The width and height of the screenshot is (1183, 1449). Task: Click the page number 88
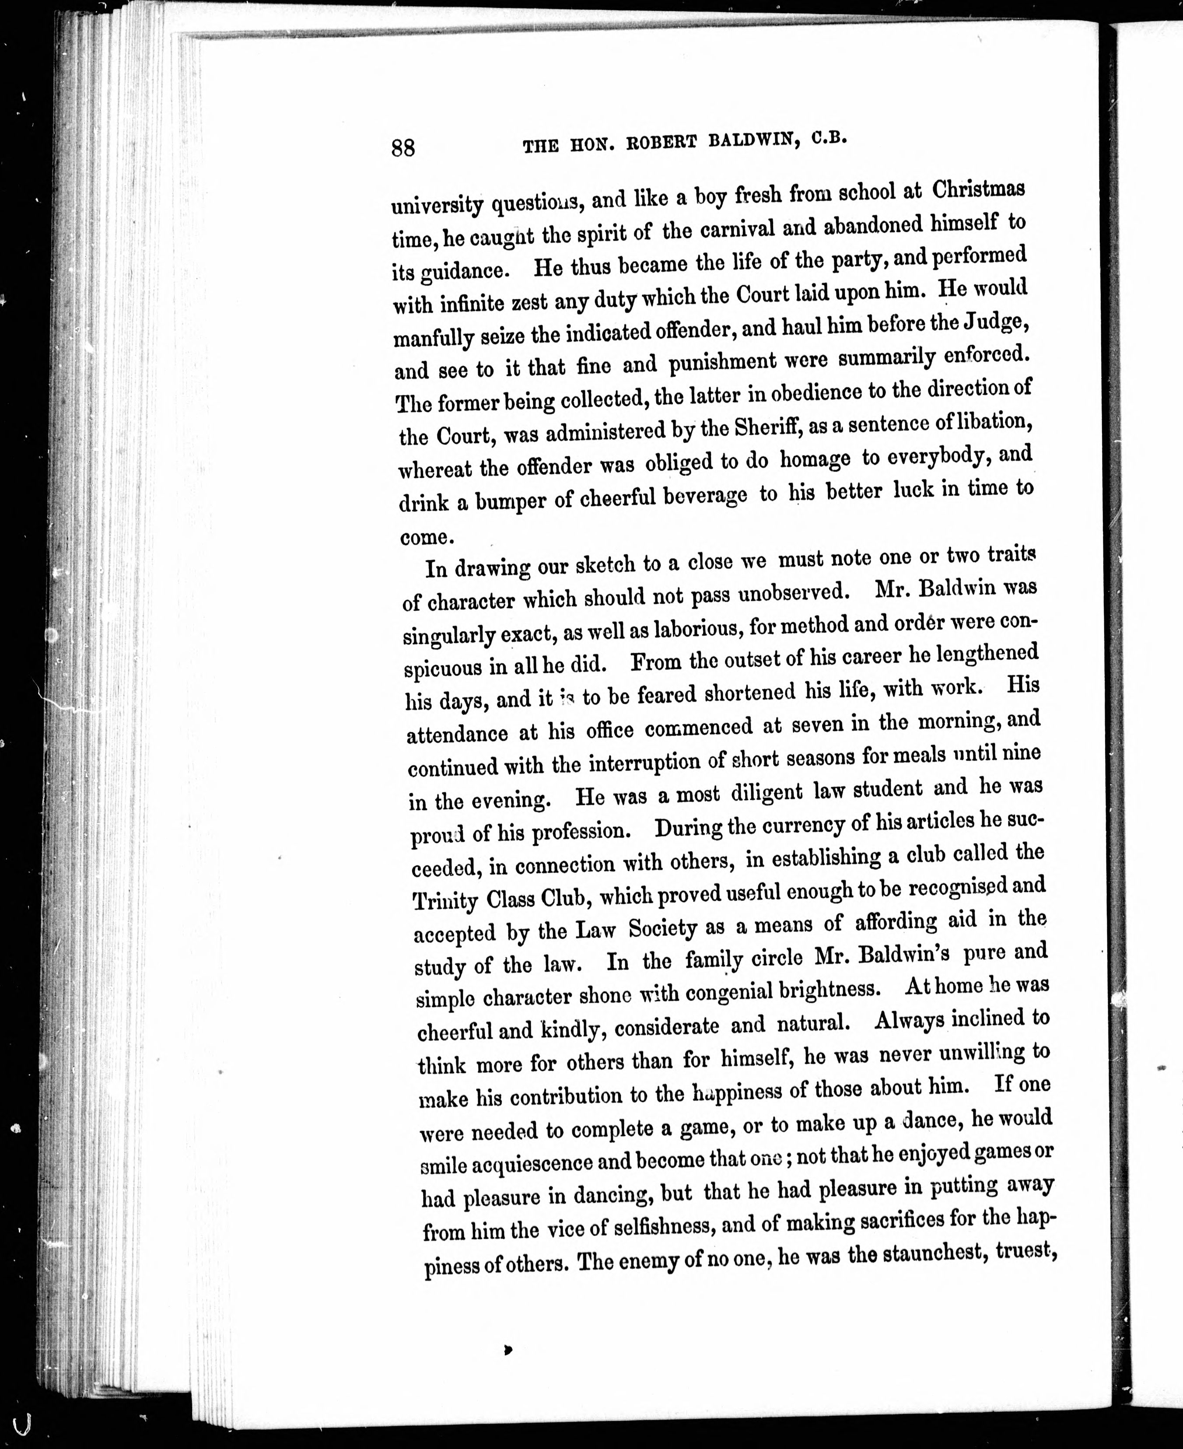click(x=403, y=147)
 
